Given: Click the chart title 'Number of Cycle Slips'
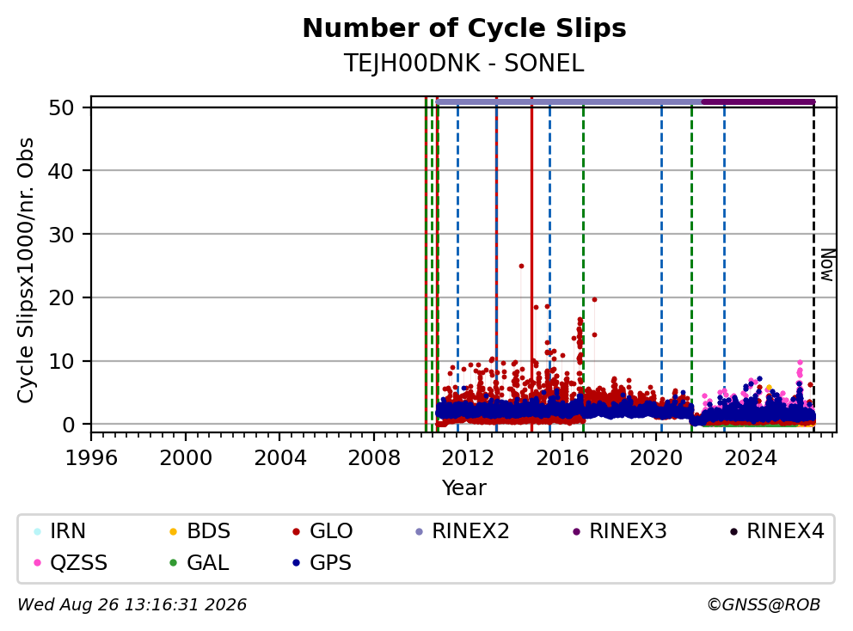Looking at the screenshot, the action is click(464, 28).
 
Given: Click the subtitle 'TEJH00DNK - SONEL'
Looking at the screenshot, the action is click(464, 64).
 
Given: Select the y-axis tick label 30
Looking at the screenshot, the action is click(61, 235).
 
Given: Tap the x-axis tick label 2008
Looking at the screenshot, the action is click(374, 458).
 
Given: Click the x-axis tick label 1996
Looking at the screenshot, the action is click(91, 458).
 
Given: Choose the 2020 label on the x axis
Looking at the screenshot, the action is click(656, 458).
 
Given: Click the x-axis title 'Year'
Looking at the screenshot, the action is click(464, 488).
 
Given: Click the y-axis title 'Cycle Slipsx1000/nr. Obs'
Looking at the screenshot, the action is click(26, 270).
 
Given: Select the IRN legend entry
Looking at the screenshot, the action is click(60, 531).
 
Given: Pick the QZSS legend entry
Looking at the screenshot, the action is click(71, 562).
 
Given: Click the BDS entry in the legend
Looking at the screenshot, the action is click(199, 531).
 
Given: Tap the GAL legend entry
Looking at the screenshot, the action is click(199, 562).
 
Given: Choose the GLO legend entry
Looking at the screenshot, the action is click(322, 531).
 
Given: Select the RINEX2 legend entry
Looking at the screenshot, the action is click(462, 531).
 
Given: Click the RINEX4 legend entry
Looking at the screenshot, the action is click(776, 531).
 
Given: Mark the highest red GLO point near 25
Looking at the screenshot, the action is click(521, 266).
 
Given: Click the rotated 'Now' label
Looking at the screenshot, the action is click(827, 265).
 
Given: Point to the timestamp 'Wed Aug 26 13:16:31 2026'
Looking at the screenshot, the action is click(132, 605).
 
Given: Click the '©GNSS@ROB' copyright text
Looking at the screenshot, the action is click(764, 605).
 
